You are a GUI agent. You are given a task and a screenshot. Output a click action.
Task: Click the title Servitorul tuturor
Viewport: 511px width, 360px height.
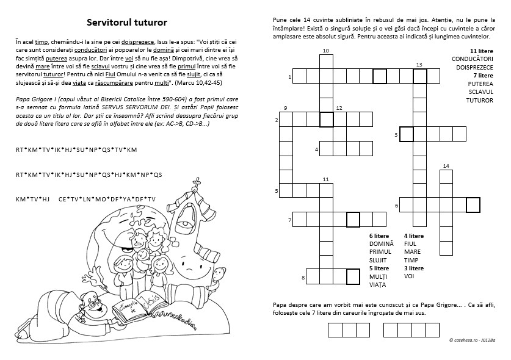126,23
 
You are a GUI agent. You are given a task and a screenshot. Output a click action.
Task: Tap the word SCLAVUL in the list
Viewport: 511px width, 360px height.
480,92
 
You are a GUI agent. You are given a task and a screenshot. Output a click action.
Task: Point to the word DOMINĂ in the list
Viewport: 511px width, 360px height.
382,243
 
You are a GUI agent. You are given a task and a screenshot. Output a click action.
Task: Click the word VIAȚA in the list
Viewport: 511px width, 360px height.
379,284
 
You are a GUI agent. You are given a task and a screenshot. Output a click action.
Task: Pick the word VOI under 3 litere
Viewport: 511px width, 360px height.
409,276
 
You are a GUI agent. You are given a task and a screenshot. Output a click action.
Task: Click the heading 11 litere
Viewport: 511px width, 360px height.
481,50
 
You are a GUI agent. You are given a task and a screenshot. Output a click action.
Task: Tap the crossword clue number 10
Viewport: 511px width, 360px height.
326,50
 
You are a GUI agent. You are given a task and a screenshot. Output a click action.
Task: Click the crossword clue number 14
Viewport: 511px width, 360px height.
446,166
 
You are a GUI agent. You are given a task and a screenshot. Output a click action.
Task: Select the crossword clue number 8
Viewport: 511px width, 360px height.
303,278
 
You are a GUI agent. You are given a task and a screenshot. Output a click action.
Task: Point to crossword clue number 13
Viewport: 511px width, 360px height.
419,64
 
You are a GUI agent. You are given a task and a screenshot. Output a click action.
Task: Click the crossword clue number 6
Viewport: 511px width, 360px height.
396,206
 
